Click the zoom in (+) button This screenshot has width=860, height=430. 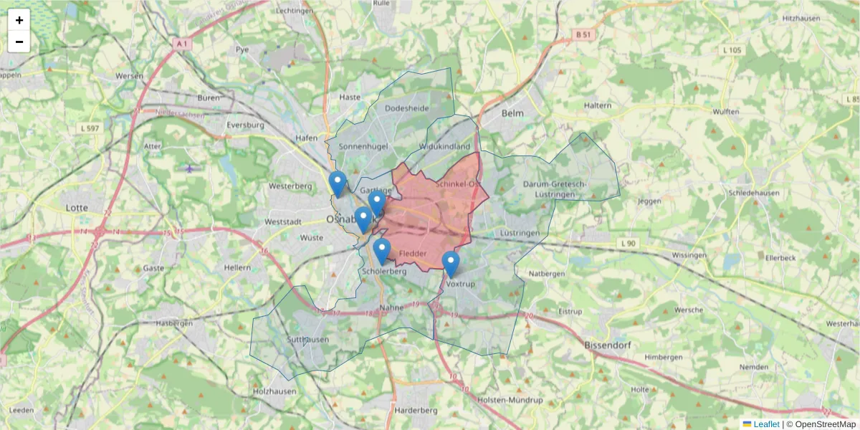tap(19, 20)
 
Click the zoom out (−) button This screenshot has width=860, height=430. tap(19, 42)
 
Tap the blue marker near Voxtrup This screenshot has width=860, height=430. tap(451, 264)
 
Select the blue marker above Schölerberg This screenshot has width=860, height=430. tap(382, 252)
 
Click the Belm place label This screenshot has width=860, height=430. tap(513, 113)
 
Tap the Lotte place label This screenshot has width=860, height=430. tap(77, 208)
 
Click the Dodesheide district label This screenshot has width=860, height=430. tap(406, 107)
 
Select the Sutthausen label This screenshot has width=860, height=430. tap(307, 340)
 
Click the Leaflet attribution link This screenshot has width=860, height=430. tap(766, 424)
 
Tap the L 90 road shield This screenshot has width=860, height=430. tap(629, 244)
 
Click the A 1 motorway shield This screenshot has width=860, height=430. tap(182, 44)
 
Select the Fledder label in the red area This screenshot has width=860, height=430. tap(413, 254)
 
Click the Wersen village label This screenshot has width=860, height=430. tap(130, 75)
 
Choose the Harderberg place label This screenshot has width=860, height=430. tap(416, 411)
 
